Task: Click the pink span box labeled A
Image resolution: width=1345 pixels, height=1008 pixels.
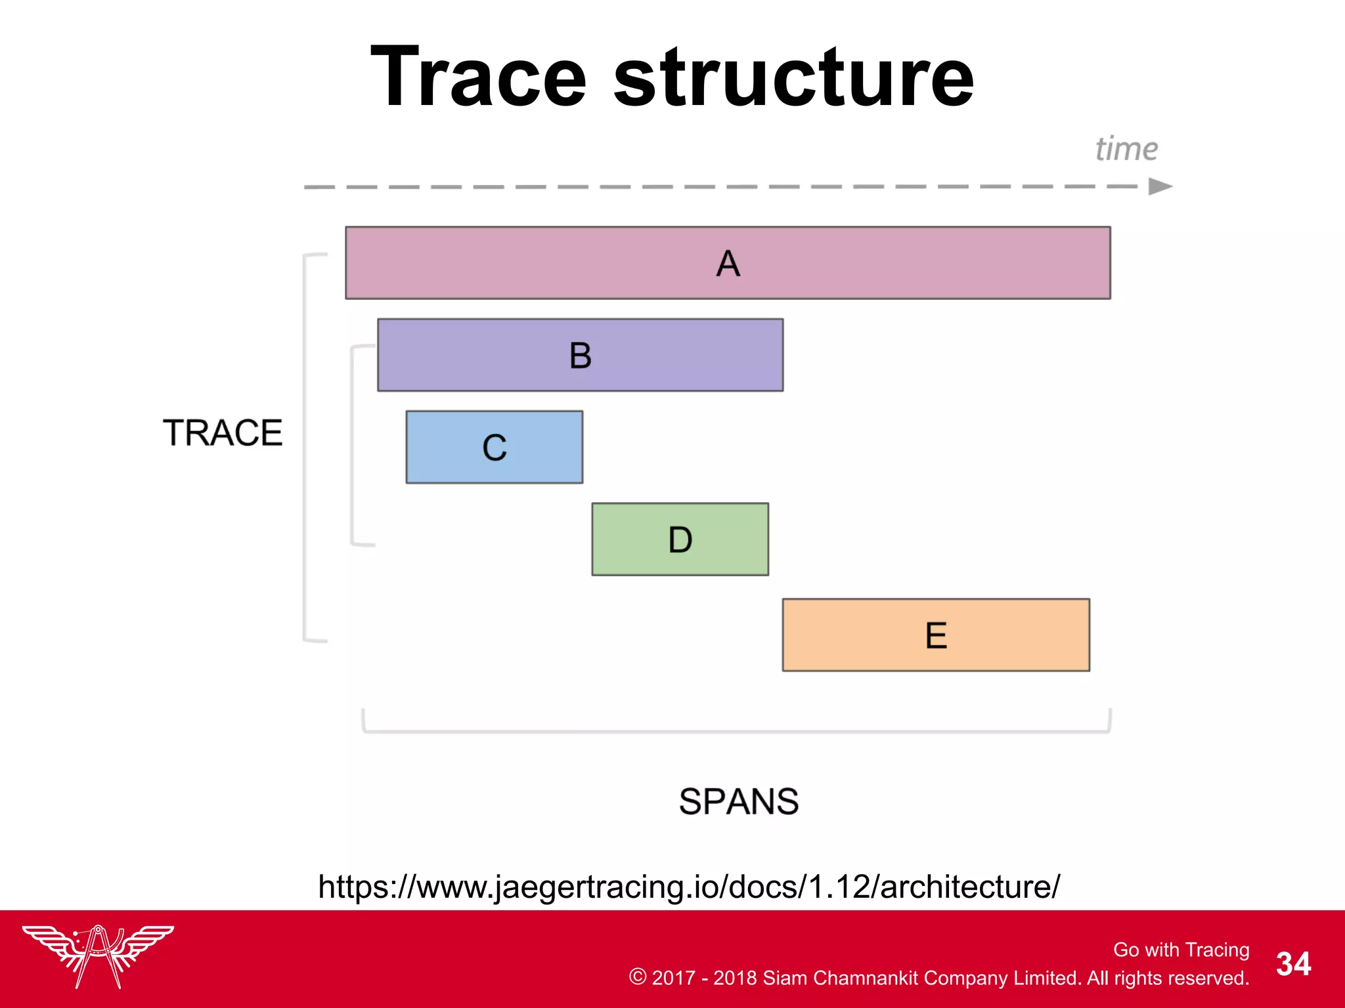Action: pyautogui.click(x=728, y=263)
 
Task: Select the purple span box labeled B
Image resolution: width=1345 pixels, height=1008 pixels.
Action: pyautogui.click(x=580, y=355)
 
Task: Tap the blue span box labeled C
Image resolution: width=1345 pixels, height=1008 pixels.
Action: pyautogui.click(x=494, y=448)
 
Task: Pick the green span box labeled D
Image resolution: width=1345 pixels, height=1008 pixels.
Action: pyautogui.click(x=680, y=539)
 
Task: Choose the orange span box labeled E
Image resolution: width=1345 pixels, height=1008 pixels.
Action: pyautogui.click(x=936, y=635)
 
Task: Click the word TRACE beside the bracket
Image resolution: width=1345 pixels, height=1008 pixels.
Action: pyautogui.click(x=223, y=433)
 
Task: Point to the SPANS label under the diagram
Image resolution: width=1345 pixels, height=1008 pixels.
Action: pyautogui.click(x=738, y=801)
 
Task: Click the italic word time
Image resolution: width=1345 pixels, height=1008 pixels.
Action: pyautogui.click(x=1126, y=149)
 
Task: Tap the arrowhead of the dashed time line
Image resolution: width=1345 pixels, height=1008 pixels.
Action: pyautogui.click(x=1160, y=186)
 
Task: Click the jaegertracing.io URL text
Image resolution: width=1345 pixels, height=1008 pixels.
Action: pyautogui.click(x=688, y=887)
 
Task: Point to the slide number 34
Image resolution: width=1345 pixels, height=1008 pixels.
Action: pyautogui.click(x=1293, y=964)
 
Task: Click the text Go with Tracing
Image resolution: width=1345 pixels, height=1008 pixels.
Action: pyautogui.click(x=1181, y=950)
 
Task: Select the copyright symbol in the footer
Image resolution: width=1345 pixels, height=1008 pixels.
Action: pyautogui.click(x=637, y=976)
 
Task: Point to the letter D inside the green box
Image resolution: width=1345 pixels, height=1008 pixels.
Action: pyautogui.click(x=680, y=539)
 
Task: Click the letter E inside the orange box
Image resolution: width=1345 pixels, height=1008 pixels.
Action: pyautogui.click(x=936, y=635)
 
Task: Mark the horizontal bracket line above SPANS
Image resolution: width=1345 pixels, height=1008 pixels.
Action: pyautogui.click(x=736, y=731)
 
